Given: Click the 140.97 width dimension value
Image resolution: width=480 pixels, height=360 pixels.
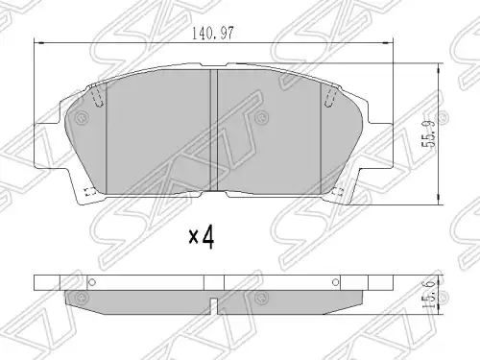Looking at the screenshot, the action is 213,34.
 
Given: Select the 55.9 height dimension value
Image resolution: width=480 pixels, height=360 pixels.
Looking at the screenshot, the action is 428,133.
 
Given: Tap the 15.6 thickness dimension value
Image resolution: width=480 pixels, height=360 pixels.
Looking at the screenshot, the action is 428,295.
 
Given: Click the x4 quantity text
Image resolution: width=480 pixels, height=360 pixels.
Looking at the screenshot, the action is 201,237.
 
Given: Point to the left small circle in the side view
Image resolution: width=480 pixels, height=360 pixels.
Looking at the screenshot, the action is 92,282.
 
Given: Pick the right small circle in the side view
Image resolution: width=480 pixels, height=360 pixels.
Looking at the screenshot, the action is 335,282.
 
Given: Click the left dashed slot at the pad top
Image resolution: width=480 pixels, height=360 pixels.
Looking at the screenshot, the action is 97,96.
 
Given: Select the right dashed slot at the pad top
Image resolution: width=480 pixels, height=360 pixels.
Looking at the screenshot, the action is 330,96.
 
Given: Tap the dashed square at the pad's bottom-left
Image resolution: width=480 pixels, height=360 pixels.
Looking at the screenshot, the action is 90,192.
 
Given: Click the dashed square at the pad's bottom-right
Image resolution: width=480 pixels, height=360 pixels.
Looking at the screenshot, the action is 337,192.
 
